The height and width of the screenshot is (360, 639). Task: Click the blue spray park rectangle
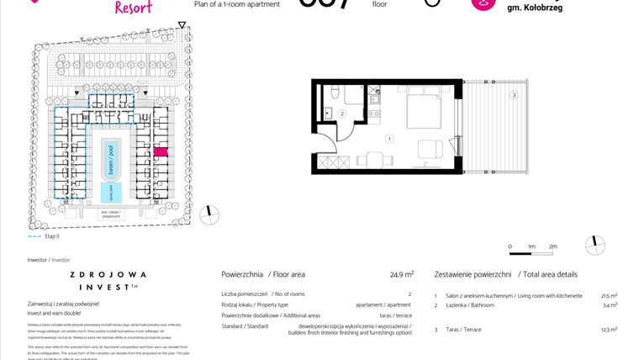109,193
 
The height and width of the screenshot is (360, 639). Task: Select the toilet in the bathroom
334,91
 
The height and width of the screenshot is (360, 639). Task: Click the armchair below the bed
429,149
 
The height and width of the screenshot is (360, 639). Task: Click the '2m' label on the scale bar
552,246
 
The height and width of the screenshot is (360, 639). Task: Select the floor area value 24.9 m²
402,274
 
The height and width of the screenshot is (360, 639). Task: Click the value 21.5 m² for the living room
609,296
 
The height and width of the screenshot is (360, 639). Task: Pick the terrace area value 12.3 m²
609,329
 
